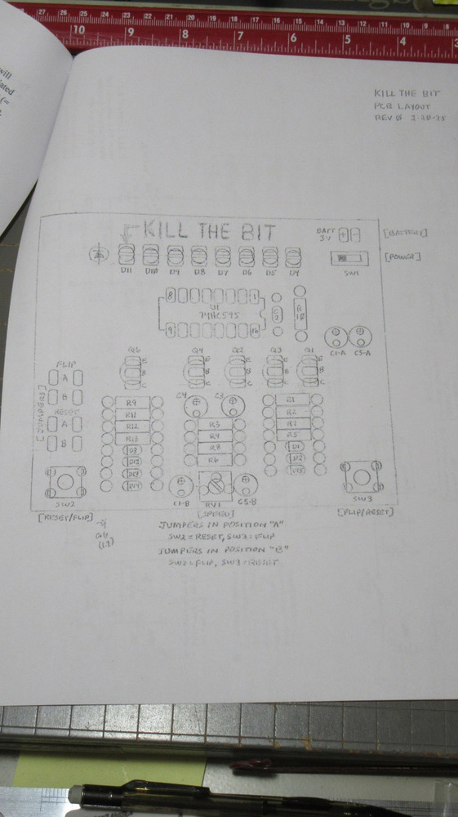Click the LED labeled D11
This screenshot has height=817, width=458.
coord(127,255)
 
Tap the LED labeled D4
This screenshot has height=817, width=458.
coord(295,255)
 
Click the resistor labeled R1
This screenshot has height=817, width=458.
coord(291,400)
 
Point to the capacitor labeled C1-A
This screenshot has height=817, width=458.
coord(336,337)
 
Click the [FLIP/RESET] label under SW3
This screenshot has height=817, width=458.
coord(365,512)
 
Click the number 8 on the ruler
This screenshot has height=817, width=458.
coord(185,34)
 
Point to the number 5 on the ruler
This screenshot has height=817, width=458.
coord(347,38)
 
